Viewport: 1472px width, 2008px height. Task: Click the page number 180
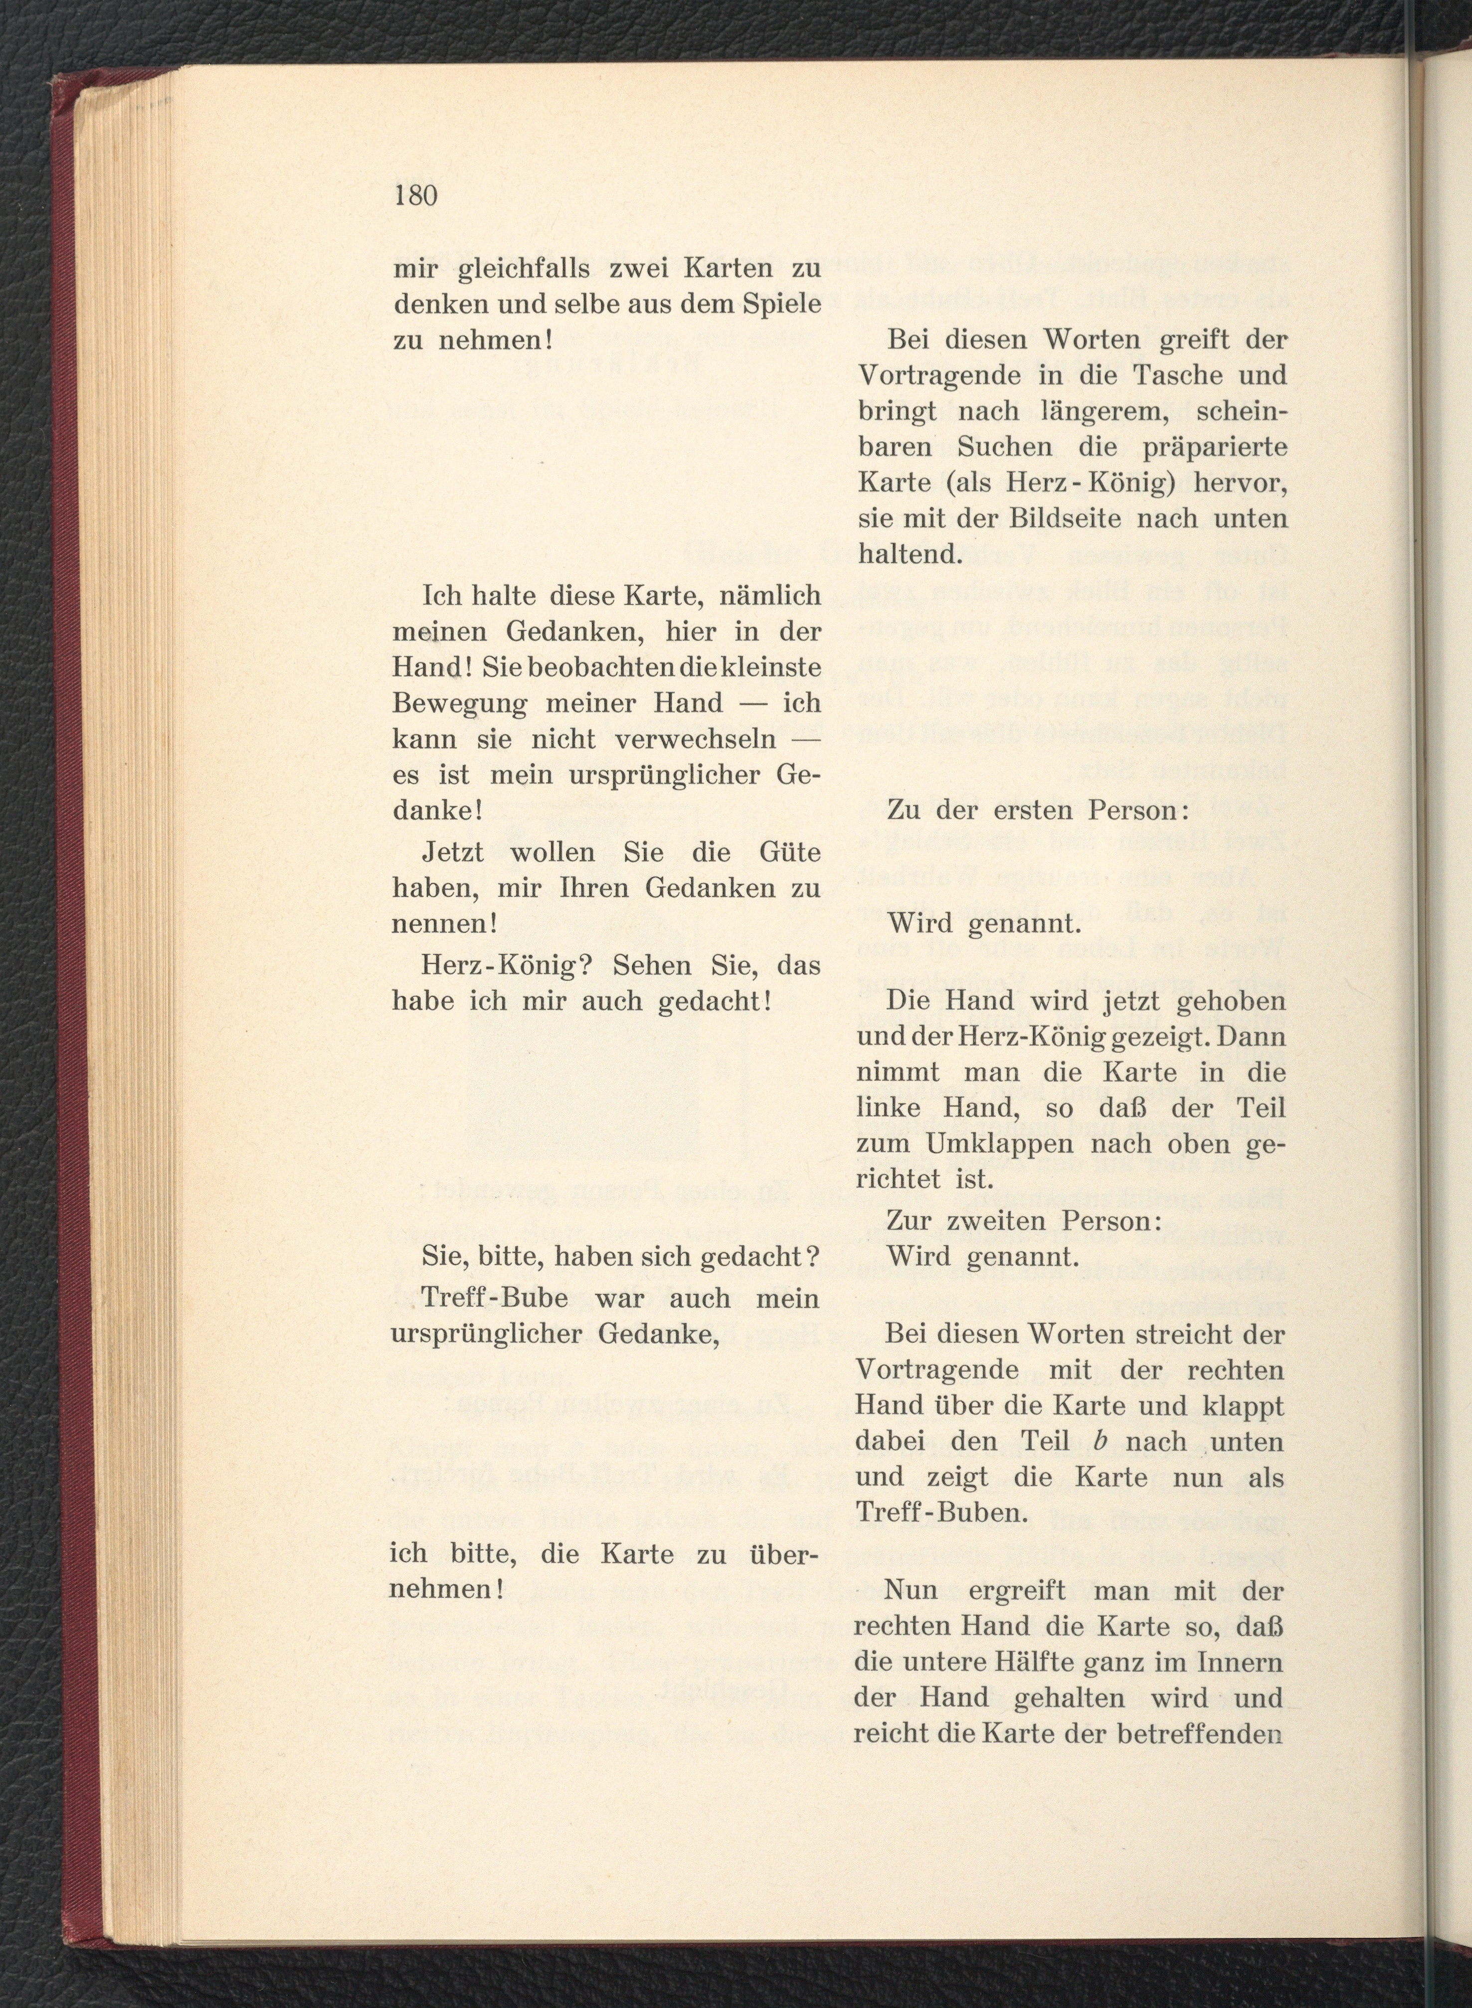point(416,195)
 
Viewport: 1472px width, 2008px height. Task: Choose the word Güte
point(788,852)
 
